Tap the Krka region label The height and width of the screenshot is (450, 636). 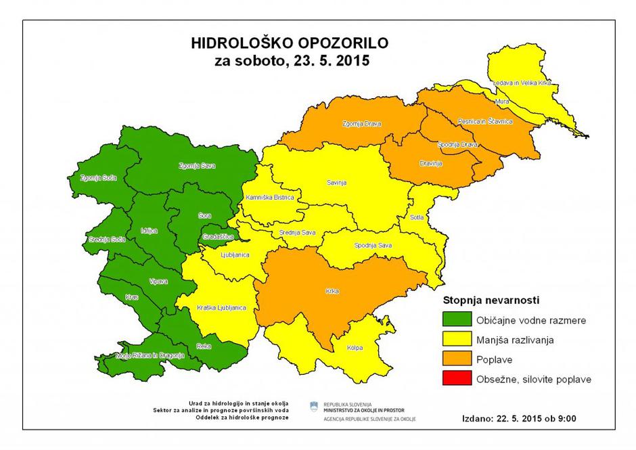(332, 292)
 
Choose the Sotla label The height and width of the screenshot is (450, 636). (416, 217)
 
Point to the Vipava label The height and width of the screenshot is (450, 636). (157, 281)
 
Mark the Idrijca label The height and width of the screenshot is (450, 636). (148, 231)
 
